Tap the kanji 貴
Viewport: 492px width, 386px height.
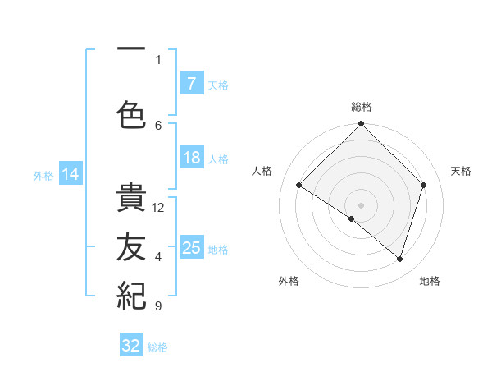131,198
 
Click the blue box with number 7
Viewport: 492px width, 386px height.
191,83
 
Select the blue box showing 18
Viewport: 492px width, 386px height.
191,158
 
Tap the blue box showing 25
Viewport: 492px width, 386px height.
191,248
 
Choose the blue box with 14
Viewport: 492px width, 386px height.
71,174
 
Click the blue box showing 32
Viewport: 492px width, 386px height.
131,346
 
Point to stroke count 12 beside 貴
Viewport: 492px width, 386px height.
158,207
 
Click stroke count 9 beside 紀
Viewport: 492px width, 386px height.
157,306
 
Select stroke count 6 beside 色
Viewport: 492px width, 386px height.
158,125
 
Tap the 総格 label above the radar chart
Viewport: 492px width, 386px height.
362,107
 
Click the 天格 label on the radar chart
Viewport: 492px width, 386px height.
462,171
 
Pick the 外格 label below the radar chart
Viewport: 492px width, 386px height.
289,281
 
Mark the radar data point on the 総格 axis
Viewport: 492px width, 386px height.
361,125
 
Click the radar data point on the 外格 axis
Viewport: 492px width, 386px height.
351,218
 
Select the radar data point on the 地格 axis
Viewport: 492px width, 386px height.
399,259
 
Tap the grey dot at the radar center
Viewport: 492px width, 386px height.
361,204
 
